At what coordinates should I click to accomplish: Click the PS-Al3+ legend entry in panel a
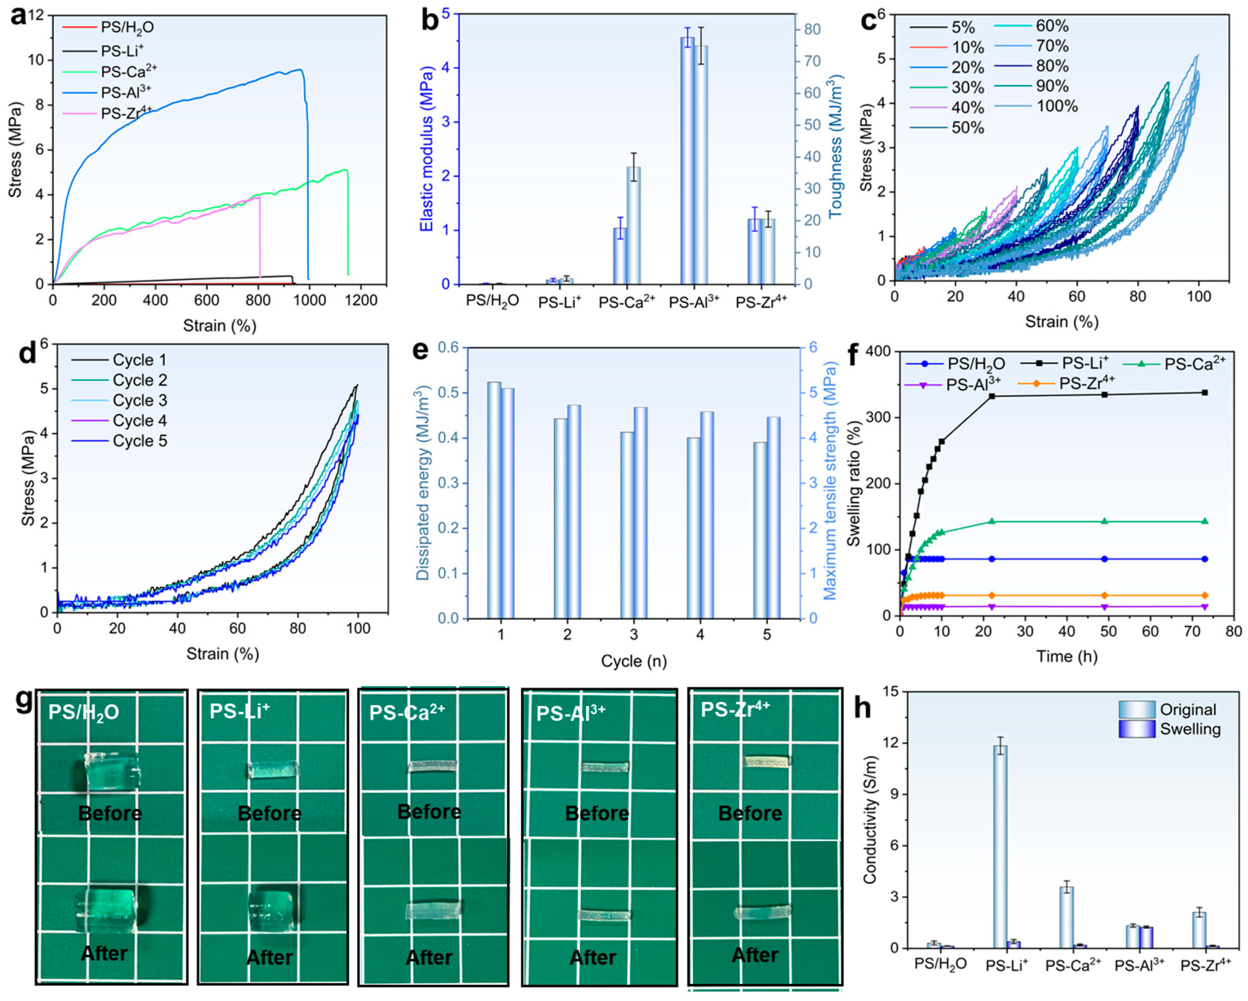click(x=107, y=92)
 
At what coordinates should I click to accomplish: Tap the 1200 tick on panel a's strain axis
click(x=361, y=300)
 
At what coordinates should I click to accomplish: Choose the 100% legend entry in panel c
click(x=1036, y=106)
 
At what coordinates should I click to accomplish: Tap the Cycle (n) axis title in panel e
click(x=634, y=661)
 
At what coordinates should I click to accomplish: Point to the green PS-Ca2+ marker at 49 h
click(x=1104, y=521)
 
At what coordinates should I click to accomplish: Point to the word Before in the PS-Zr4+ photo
click(x=750, y=813)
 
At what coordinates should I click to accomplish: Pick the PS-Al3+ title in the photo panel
click(x=571, y=713)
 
